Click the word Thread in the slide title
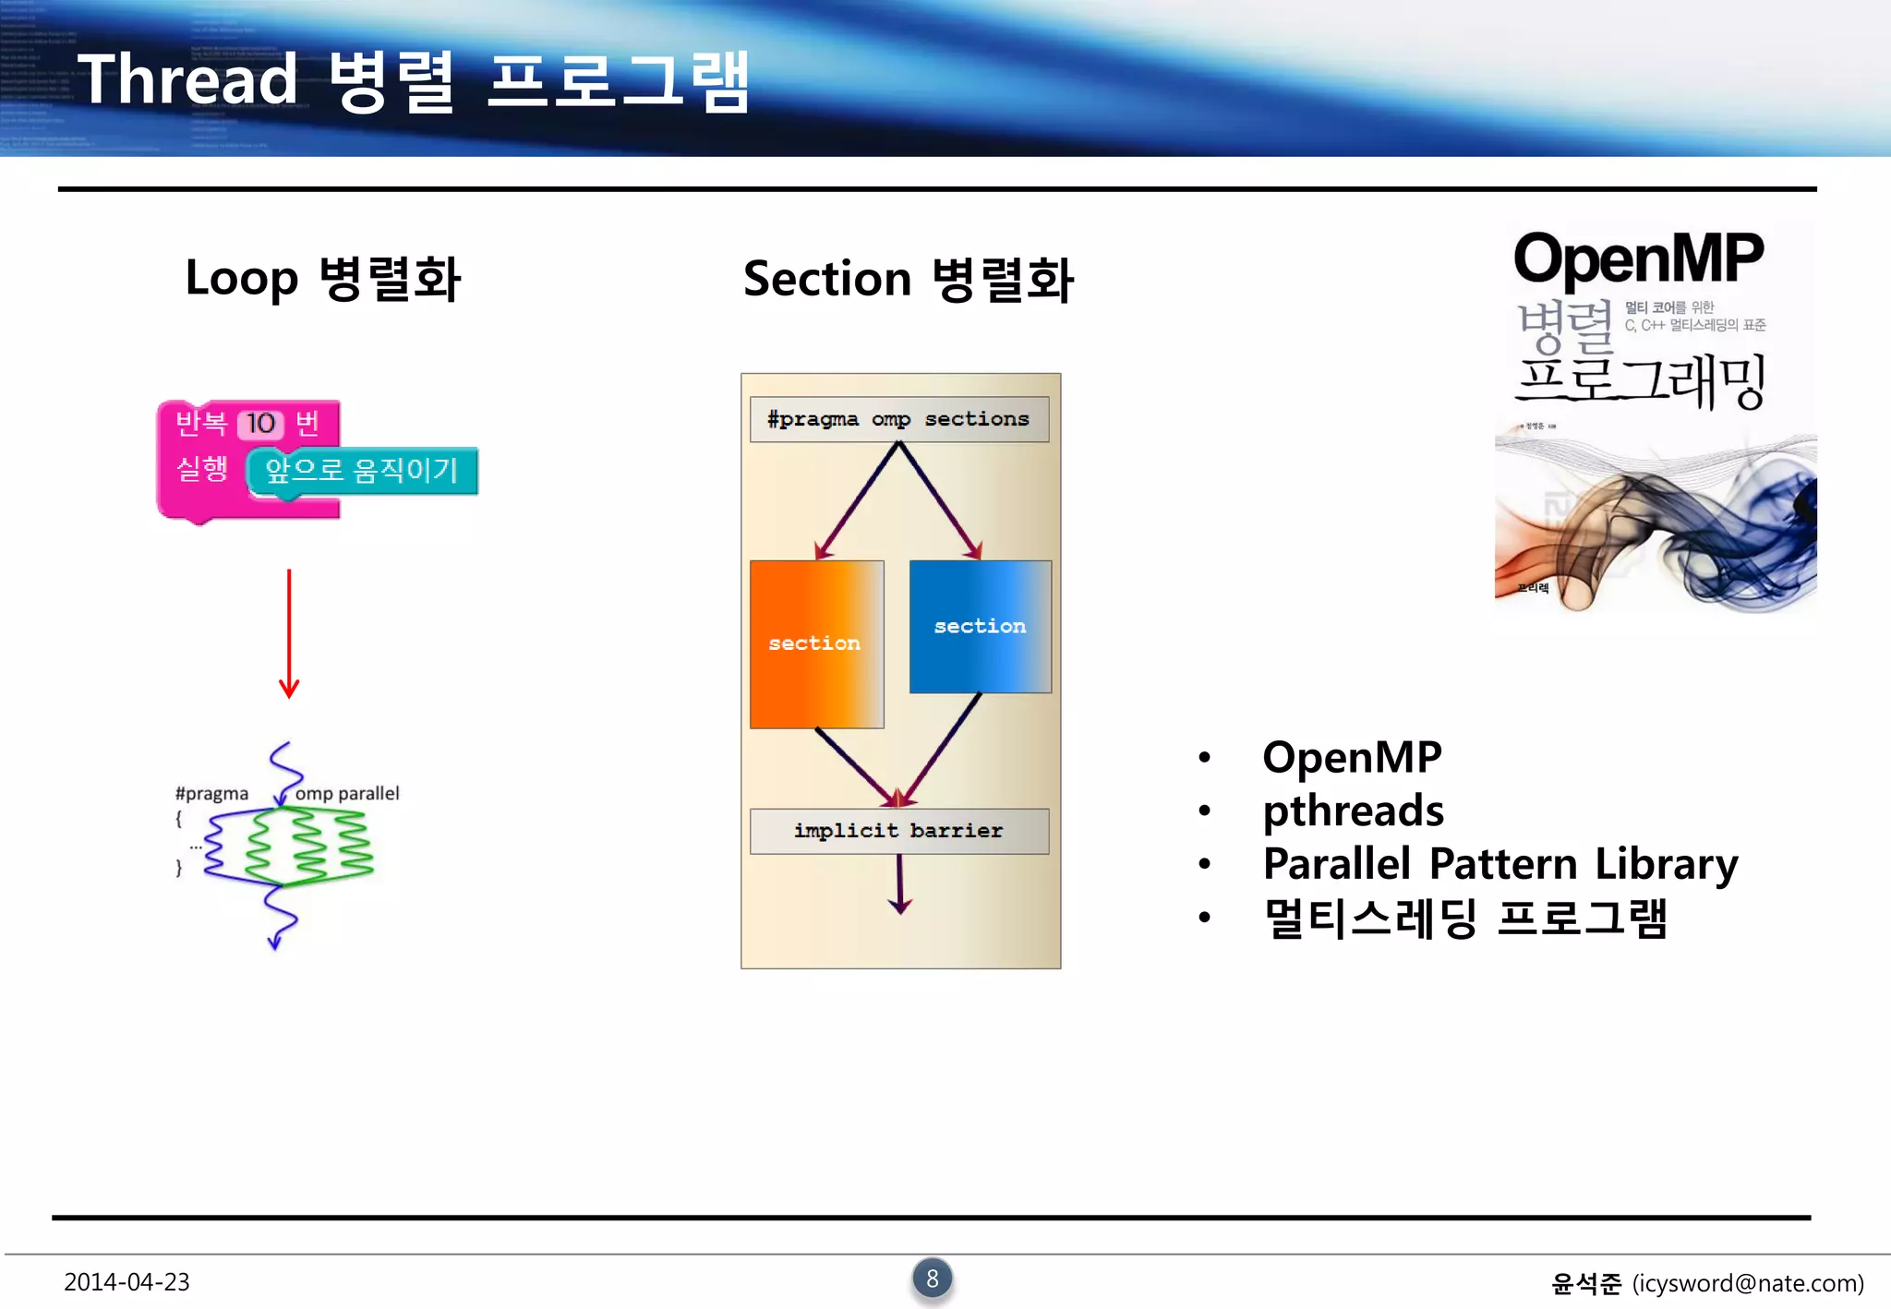pyautogui.click(x=187, y=80)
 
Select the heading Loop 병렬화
pyautogui.click(x=322, y=279)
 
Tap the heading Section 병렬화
pyautogui.click(x=908, y=280)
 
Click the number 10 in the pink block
pyautogui.click(x=260, y=424)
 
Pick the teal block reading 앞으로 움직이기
pyautogui.click(x=362, y=471)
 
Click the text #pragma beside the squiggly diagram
pyautogui.click(x=211, y=794)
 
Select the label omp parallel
pyautogui.click(x=347, y=794)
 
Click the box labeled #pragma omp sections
pyautogui.click(x=898, y=419)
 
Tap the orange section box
pyautogui.click(x=816, y=643)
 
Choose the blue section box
pyautogui.click(x=980, y=627)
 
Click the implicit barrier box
pyautogui.click(x=898, y=831)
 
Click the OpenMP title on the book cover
pyautogui.click(x=1638, y=258)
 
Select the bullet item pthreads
pyautogui.click(x=1353, y=811)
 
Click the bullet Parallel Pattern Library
pyautogui.click(x=1500, y=864)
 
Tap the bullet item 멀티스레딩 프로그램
pyautogui.click(x=1465, y=919)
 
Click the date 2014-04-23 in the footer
pyautogui.click(x=126, y=1282)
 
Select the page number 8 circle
pyautogui.click(x=933, y=1279)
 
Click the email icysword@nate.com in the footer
pyautogui.click(x=1747, y=1283)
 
